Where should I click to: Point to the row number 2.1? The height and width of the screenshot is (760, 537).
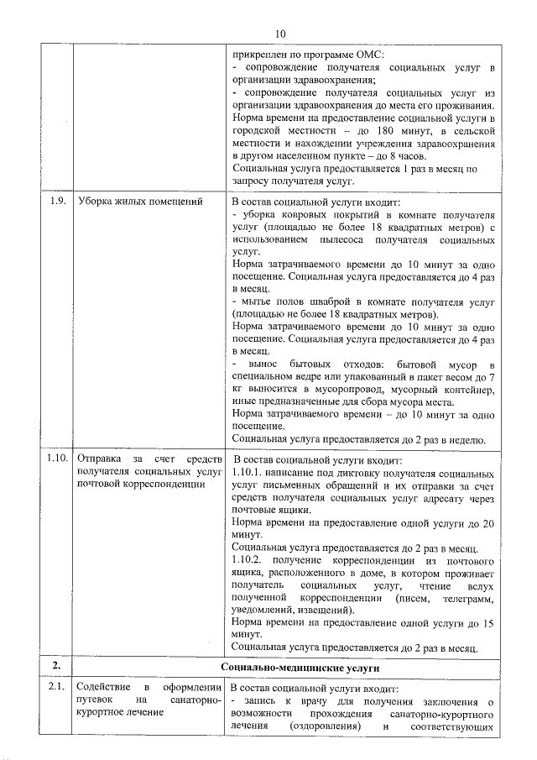click(56, 689)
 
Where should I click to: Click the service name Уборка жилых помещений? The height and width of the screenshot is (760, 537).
click(140, 201)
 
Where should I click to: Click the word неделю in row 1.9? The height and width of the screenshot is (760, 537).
click(464, 439)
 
